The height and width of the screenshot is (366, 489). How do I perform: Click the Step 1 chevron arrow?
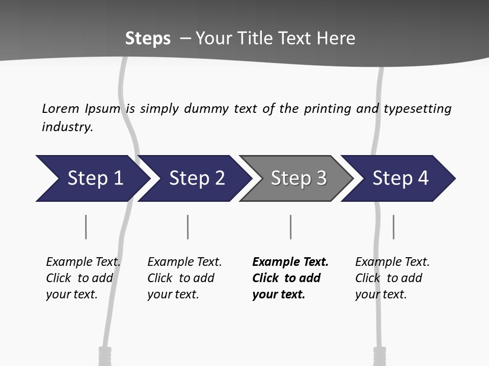pyautogui.click(x=92, y=178)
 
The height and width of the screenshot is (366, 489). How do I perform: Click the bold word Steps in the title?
pyautogui.click(x=148, y=39)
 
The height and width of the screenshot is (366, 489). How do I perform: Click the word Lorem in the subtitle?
pyautogui.click(x=61, y=108)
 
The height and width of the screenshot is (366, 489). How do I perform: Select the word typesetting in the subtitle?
pyautogui.click(x=417, y=108)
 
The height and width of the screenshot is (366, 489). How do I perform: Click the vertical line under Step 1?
pyautogui.click(x=86, y=227)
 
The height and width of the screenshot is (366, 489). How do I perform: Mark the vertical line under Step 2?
pyautogui.click(x=188, y=227)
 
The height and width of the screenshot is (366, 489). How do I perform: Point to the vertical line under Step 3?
pyautogui.click(x=290, y=227)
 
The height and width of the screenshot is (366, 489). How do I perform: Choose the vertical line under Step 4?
pyautogui.click(x=393, y=227)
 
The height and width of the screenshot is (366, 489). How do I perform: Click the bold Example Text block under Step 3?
pyautogui.click(x=290, y=278)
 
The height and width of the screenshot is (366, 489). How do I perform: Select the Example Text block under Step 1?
pyautogui.click(x=83, y=278)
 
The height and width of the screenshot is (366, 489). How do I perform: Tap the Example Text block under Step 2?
pyautogui.click(x=184, y=278)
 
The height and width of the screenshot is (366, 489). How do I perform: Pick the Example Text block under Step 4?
pyautogui.click(x=392, y=278)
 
